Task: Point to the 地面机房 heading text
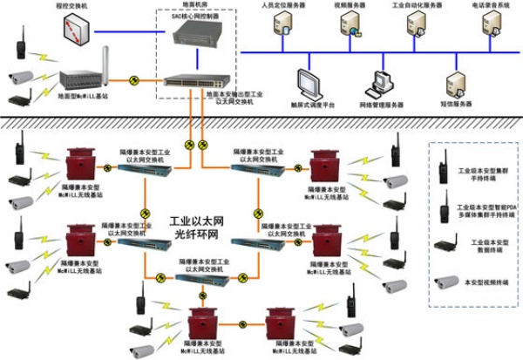click(194, 6)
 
